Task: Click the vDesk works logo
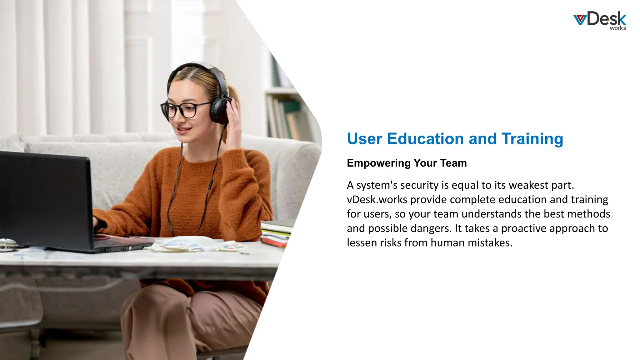(x=600, y=21)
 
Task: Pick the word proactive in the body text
(x=523, y=228)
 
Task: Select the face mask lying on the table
(x=187, y=244)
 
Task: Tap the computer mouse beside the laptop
(x=7, y=243)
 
